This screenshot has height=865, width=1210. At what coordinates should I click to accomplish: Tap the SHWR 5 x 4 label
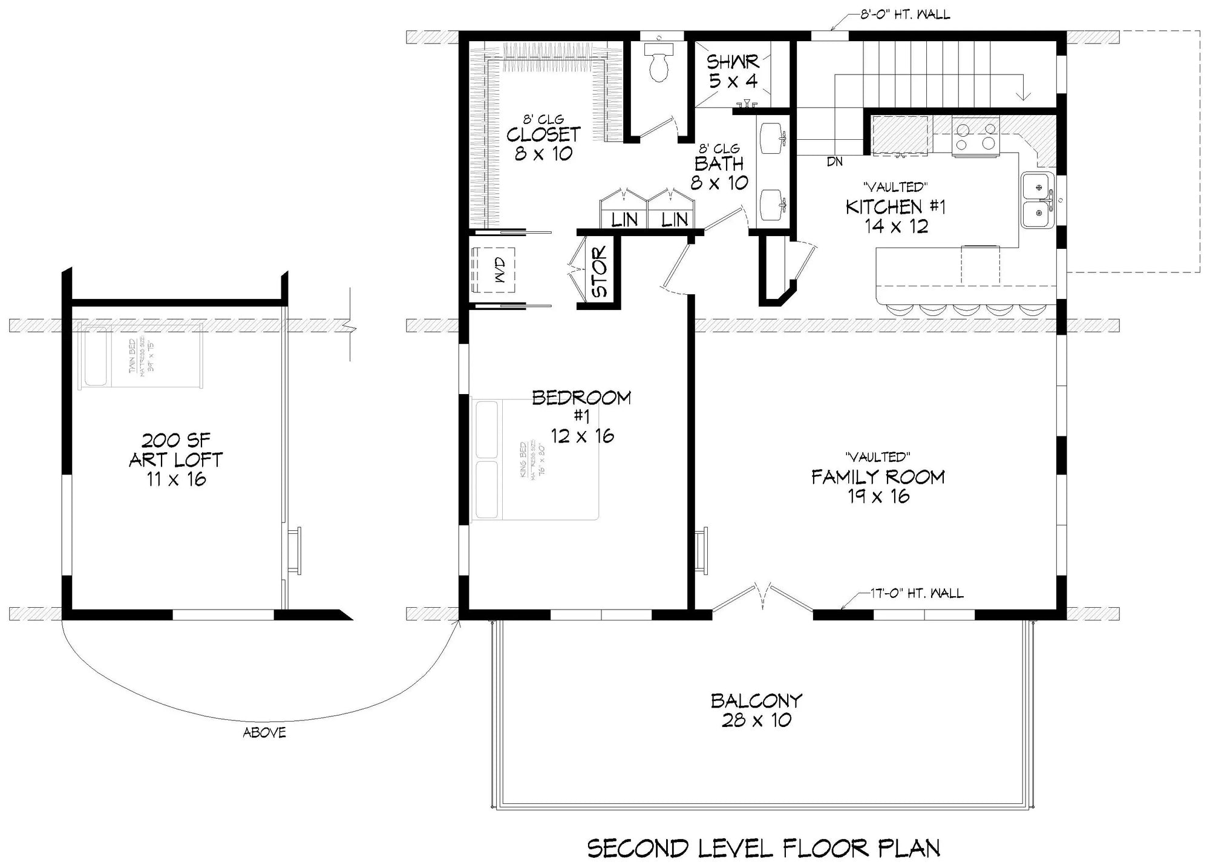tap(733, 71)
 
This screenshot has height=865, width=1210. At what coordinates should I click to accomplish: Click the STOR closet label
tap(599, 272)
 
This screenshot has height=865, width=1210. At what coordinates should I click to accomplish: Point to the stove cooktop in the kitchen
tap(974, 136)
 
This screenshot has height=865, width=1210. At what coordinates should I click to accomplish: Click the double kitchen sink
tap(1038, 200)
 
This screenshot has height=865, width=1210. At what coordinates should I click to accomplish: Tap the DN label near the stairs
tap(834, 162)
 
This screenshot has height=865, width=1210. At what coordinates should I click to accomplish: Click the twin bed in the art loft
tap(141, 356)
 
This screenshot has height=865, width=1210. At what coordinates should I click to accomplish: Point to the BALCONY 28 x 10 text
tap(756, 710)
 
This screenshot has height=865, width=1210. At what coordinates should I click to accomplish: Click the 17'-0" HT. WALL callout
tap(917, 593)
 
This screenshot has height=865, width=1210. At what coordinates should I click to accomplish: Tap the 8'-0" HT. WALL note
tap(904, 15)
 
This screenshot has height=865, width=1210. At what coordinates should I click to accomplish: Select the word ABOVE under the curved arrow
tap(264, 732)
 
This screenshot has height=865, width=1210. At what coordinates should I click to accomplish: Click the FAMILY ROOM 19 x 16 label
tap(878, 486)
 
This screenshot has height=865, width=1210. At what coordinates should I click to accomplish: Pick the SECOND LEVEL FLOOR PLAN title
tap(764, 848)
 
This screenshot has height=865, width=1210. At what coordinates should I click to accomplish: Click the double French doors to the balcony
tap(762, 599)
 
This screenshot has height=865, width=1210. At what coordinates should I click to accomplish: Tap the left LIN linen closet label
tap(624, 219)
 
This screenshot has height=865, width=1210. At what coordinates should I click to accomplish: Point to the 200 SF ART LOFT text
tap(175, 459)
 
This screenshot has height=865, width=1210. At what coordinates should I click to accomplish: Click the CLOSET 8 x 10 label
tap(543, 143)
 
